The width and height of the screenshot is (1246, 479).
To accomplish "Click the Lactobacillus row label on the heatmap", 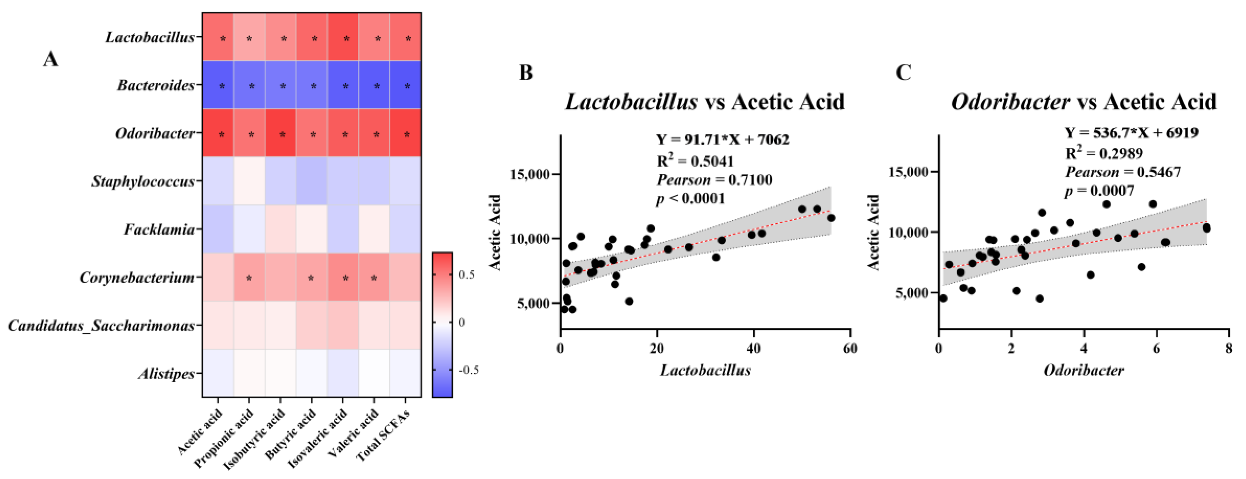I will pos(150,37).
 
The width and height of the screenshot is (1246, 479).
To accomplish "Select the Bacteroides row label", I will pos(156,85).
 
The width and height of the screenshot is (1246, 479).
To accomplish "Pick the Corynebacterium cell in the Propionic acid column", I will pos(249,277).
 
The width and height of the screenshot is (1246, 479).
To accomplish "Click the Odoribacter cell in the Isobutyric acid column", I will pos(280,133).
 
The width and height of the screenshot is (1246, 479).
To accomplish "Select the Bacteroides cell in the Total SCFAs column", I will pos(405,85).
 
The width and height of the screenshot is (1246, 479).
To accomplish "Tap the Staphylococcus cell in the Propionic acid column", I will pos(249,181).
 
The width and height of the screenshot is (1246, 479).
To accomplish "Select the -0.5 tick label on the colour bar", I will pos(468,370).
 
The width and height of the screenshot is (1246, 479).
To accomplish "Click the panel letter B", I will pos(526,72).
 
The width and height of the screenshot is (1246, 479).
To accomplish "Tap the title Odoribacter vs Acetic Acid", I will pos(1084,102).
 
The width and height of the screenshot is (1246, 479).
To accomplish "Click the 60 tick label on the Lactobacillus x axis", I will pos(849,348).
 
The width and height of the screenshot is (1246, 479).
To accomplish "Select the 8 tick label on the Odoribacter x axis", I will pos(1229,348).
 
